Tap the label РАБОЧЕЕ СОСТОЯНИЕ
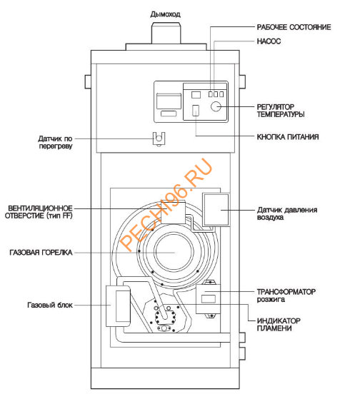point(294,27)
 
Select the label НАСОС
point(269,42)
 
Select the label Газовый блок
point(46,306)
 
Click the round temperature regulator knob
point(215,108)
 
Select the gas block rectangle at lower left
point(117,306)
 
